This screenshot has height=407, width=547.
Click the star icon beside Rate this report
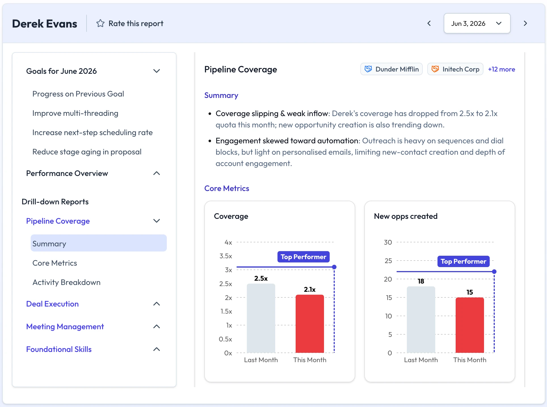pos(100,23)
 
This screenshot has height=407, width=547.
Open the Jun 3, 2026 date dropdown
pos(477,23)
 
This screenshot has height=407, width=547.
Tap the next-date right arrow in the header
pos(525,23)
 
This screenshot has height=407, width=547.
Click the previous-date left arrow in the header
pos(429,23)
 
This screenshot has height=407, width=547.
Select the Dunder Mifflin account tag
pos(391,69)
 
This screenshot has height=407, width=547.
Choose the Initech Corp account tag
pos(455,69)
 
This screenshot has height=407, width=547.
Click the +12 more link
pos(501,69)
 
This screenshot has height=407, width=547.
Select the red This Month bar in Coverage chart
pos(310,324)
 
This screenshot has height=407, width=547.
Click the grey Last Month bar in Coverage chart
pos(261,318)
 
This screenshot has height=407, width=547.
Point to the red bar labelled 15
pos(470,325)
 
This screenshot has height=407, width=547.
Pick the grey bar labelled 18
pos(421,320)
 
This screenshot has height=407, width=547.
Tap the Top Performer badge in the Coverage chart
pos(303,257)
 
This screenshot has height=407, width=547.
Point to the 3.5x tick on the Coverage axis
pos(226,256)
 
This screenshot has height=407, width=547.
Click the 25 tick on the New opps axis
pos(388,261)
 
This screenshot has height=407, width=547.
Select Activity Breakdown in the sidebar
pos(66,282)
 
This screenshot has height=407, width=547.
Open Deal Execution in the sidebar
pos(52,304)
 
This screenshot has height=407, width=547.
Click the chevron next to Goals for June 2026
pos(157,71)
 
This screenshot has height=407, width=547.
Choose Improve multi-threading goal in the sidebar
pos(75,113)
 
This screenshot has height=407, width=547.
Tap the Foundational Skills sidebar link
pos(59,349)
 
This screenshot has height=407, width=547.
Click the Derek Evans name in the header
pos(45,24)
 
